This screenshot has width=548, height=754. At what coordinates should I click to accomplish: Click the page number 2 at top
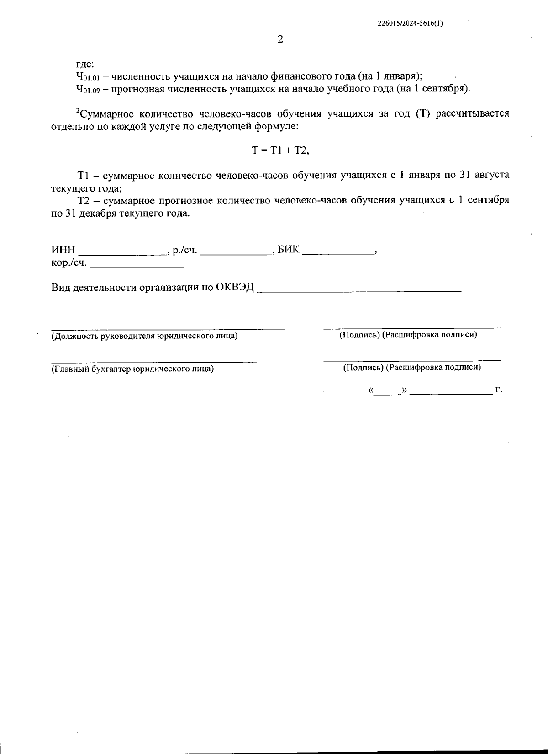coord(280,39)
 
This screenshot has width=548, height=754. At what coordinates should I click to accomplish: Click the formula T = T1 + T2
coord(280,150)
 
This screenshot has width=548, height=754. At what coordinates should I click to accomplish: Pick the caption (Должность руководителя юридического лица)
coord(144,336)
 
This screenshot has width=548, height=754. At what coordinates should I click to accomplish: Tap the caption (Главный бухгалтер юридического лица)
coord(132,369)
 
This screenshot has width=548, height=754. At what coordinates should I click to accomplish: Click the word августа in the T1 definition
coord(492,175)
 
